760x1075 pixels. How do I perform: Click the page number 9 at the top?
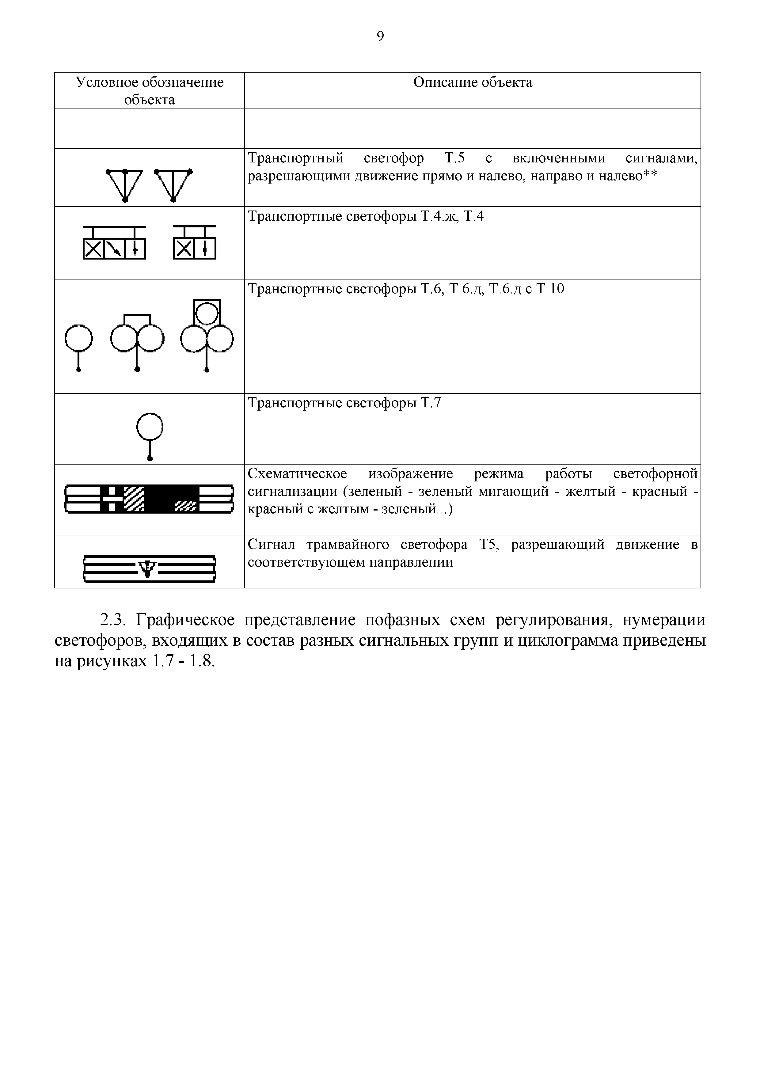[x=380, y=36]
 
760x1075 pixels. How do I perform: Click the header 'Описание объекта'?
[x=473, y=82]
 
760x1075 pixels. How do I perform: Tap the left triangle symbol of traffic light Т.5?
[x=124, y=184]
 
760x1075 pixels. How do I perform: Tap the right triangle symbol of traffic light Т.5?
[x=173, y=184]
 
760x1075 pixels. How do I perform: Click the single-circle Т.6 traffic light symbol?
[x=79, y=347]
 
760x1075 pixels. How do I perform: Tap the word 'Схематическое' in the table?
[x=297, y=474]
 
